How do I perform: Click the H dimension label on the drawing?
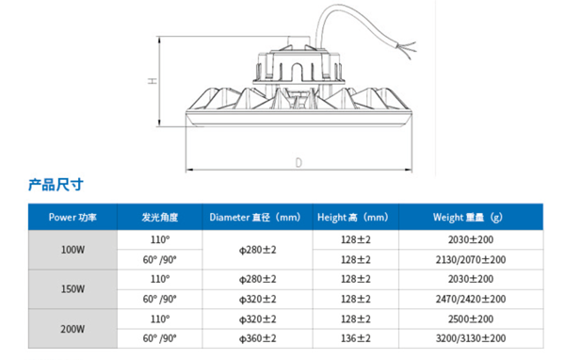pos(153,80)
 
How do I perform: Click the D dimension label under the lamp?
pos(299,163)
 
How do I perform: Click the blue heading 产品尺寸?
pos(56,185)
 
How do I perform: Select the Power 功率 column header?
pos(73,217)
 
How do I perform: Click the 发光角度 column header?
pos(160,217)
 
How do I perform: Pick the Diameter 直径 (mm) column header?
pos(255,217)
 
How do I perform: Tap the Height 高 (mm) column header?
pos(353,217)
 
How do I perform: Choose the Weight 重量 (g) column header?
pos(468,217)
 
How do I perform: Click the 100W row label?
pos(73,250)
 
